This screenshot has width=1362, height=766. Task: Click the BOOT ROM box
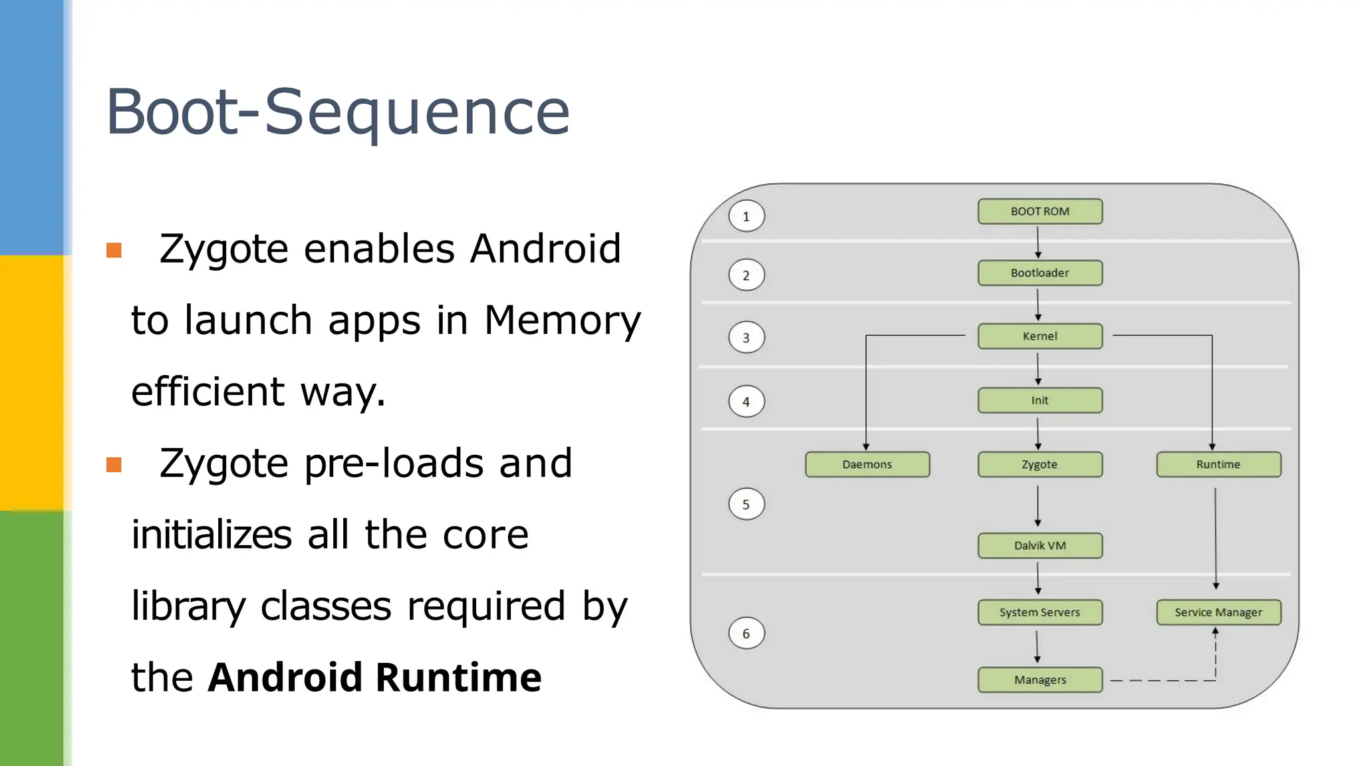1039,211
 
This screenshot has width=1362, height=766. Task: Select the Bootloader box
1039,273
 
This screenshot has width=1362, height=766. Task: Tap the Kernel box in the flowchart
1039,336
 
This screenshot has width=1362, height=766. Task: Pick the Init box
1039,400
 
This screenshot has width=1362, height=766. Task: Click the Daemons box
867,464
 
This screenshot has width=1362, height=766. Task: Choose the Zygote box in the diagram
1039,464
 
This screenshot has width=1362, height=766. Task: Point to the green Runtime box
1218,464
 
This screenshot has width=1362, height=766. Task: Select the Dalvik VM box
1039,545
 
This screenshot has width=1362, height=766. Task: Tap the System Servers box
1039,612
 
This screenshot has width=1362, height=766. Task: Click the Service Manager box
1218,612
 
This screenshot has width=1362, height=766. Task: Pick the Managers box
1039,680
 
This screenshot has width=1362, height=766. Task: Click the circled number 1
746,216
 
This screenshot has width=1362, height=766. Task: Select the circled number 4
746,402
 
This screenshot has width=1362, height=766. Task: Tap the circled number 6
746,634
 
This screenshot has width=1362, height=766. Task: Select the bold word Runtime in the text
458,678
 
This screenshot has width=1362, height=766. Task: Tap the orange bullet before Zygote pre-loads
114,464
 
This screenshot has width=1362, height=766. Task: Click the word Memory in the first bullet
562,320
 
